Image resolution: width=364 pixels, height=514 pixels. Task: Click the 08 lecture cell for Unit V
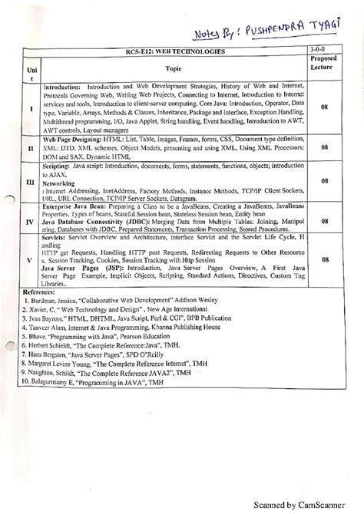tap(326, 260)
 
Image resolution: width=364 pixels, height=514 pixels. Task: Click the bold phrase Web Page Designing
tap(78, 140)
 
